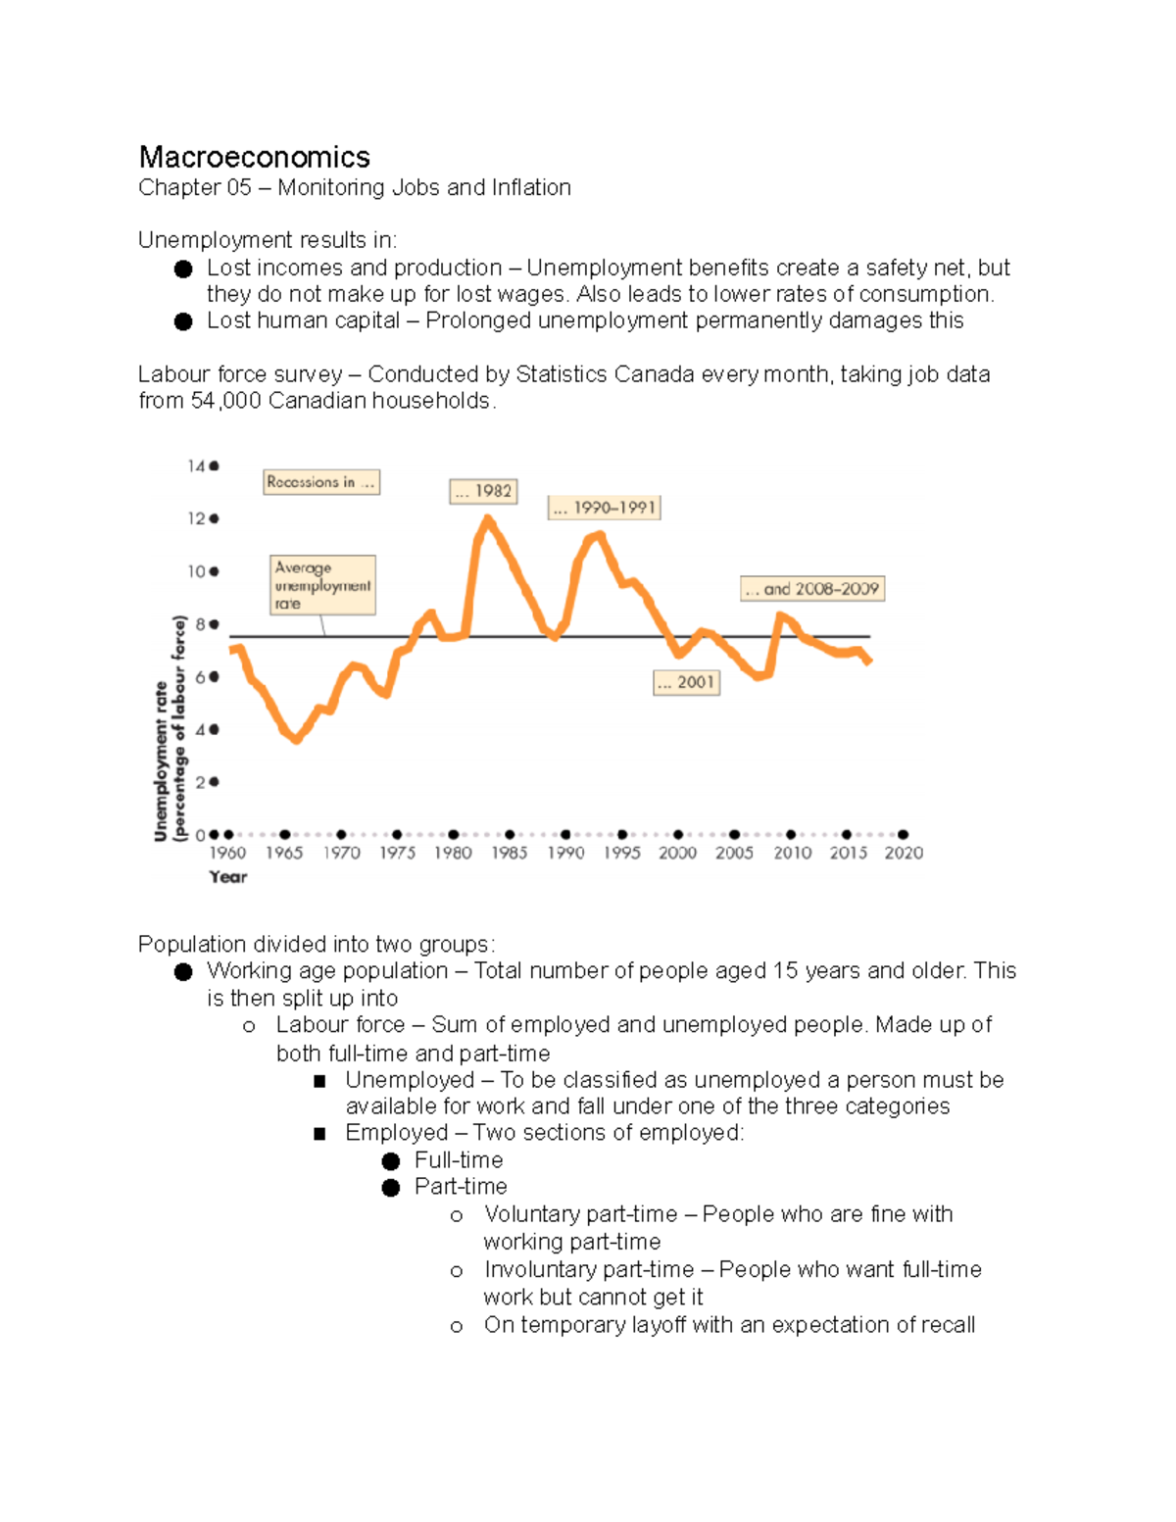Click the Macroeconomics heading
[254, 157]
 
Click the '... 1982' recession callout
[483, 491]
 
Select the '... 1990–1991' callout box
[604, 508]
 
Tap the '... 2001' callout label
[686, 682]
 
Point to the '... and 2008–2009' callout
[812, 589]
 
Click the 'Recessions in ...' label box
[321, 482]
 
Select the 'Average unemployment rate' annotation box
[322, 585]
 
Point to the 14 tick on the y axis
[196, 466]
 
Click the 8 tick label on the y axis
[200, 624]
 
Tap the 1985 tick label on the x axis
[510, 854]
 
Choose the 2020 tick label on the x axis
[904, 854]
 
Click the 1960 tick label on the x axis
[227, 854]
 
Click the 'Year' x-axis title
[227, 877]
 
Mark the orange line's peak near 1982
[487, 518]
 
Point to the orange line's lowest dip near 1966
[296, 740]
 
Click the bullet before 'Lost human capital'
[183, 321]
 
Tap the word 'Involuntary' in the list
[539, 1270]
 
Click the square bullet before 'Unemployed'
[319, 1081]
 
